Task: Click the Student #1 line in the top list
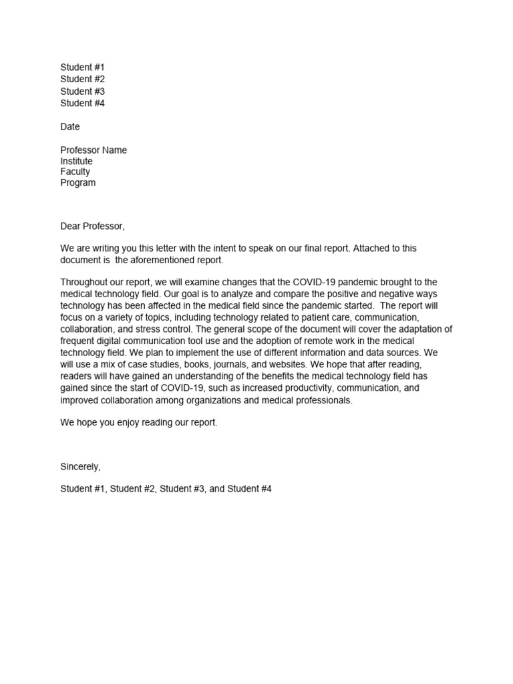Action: click(82, 67)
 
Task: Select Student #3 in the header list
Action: click(82, 92)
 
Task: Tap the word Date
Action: click(70, 127)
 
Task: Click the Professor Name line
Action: click(94, 150)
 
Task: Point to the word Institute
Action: click(76, 162)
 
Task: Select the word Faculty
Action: click(75, 172)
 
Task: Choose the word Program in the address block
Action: click(78, 183)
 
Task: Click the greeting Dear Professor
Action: click(92, 226)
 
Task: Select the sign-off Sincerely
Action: click(80, 466)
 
